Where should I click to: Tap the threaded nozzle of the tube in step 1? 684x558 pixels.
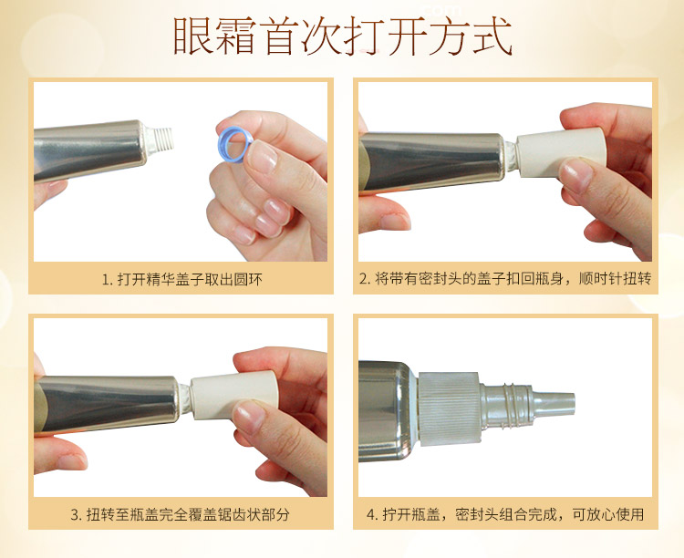point(161,139)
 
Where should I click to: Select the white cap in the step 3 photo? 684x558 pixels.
point(234,395)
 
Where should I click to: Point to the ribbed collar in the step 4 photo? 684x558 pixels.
point(449,410)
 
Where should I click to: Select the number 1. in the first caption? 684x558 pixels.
point(108,279)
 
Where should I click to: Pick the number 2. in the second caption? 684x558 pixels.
point(365,278)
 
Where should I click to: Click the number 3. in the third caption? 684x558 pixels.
point(76,515)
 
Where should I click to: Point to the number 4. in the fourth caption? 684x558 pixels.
point(372,514)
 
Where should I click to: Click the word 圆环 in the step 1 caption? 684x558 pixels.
point(249,279)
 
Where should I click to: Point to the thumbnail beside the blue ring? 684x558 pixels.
point(262,157)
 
